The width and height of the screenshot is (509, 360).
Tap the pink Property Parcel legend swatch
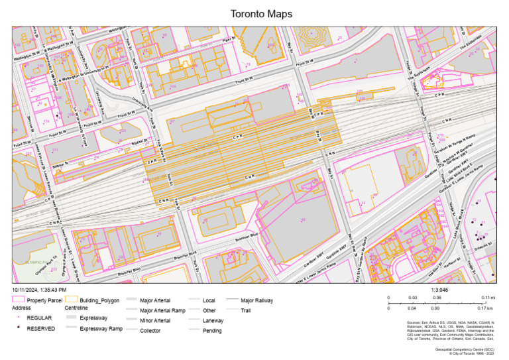pyautogui.click(x=17, y=300)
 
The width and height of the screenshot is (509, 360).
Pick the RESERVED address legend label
pyautogui.click(x=42, y=328)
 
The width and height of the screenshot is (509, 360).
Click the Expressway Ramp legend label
pyautogui.click(x=101, y=328)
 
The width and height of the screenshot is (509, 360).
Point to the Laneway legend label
pyautogui.click(x=213, y=320)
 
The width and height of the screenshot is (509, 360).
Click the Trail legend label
pyautogui.click(x=246, y=310)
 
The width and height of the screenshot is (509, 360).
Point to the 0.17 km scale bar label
pyautogui.click(x=487, y=308)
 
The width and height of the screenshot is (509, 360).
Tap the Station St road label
pyautogui.click(x=139, y=141)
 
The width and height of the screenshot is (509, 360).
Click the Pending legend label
pyautogui.click(x=213, y=330)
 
